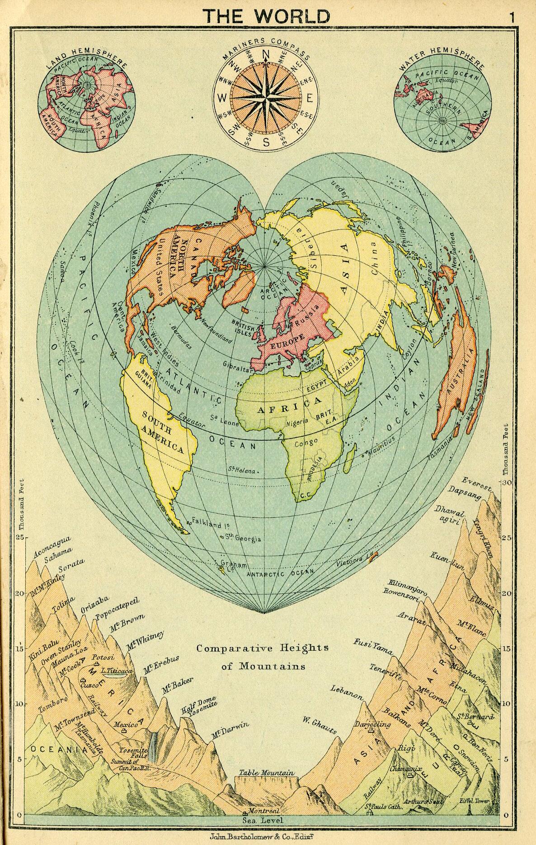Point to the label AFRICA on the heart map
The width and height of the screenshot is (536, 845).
coord(289,405)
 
